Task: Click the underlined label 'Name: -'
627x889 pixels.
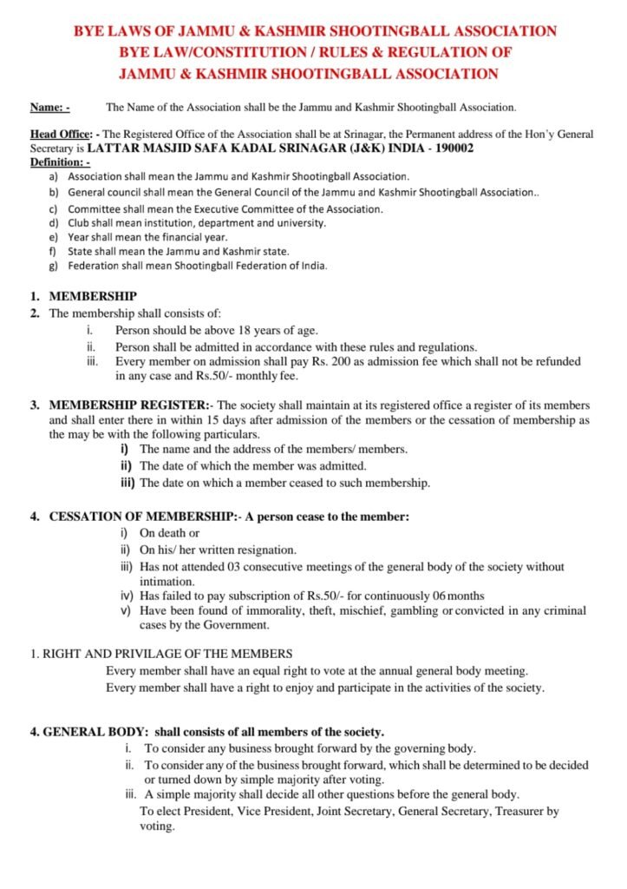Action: coord(49,109)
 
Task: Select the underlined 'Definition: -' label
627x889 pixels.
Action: coord(60,162)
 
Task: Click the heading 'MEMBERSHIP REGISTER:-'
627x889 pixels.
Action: coord(128,405)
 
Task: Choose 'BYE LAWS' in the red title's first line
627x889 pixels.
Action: coord(105,31)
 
